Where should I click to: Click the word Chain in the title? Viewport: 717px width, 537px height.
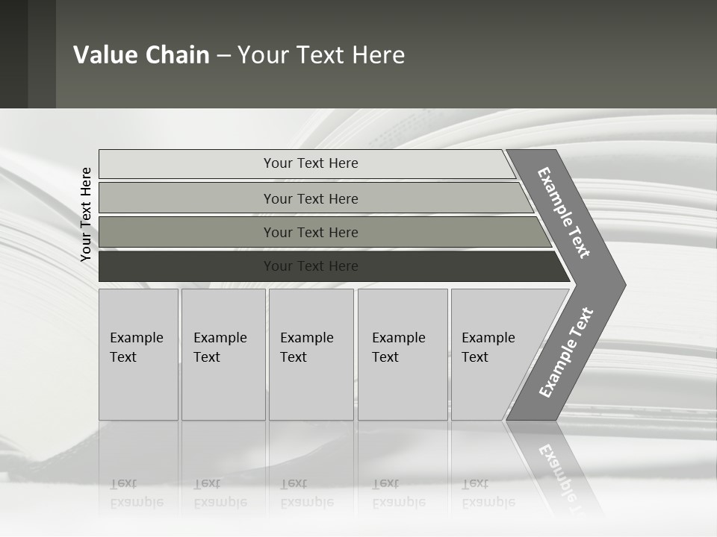coord(177,55)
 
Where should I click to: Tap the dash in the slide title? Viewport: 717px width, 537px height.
coord(223,56)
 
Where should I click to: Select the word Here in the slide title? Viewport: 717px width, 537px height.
coord(378,55)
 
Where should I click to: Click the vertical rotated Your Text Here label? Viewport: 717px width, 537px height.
coord(86,214)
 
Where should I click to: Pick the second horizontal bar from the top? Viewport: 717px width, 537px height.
coord(310,198)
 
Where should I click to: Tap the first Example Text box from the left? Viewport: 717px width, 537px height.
coord(138,354)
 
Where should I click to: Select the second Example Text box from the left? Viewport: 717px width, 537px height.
coord(223,354)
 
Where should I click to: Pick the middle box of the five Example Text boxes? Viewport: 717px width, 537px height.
coord(311,354)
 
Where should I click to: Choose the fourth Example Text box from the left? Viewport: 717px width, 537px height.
coord(402,354)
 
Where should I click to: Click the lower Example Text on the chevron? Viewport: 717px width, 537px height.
coord(565,352)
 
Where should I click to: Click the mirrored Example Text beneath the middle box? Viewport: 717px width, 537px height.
coord(306,493)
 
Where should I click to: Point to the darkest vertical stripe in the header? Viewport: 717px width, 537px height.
coord(13,54)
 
